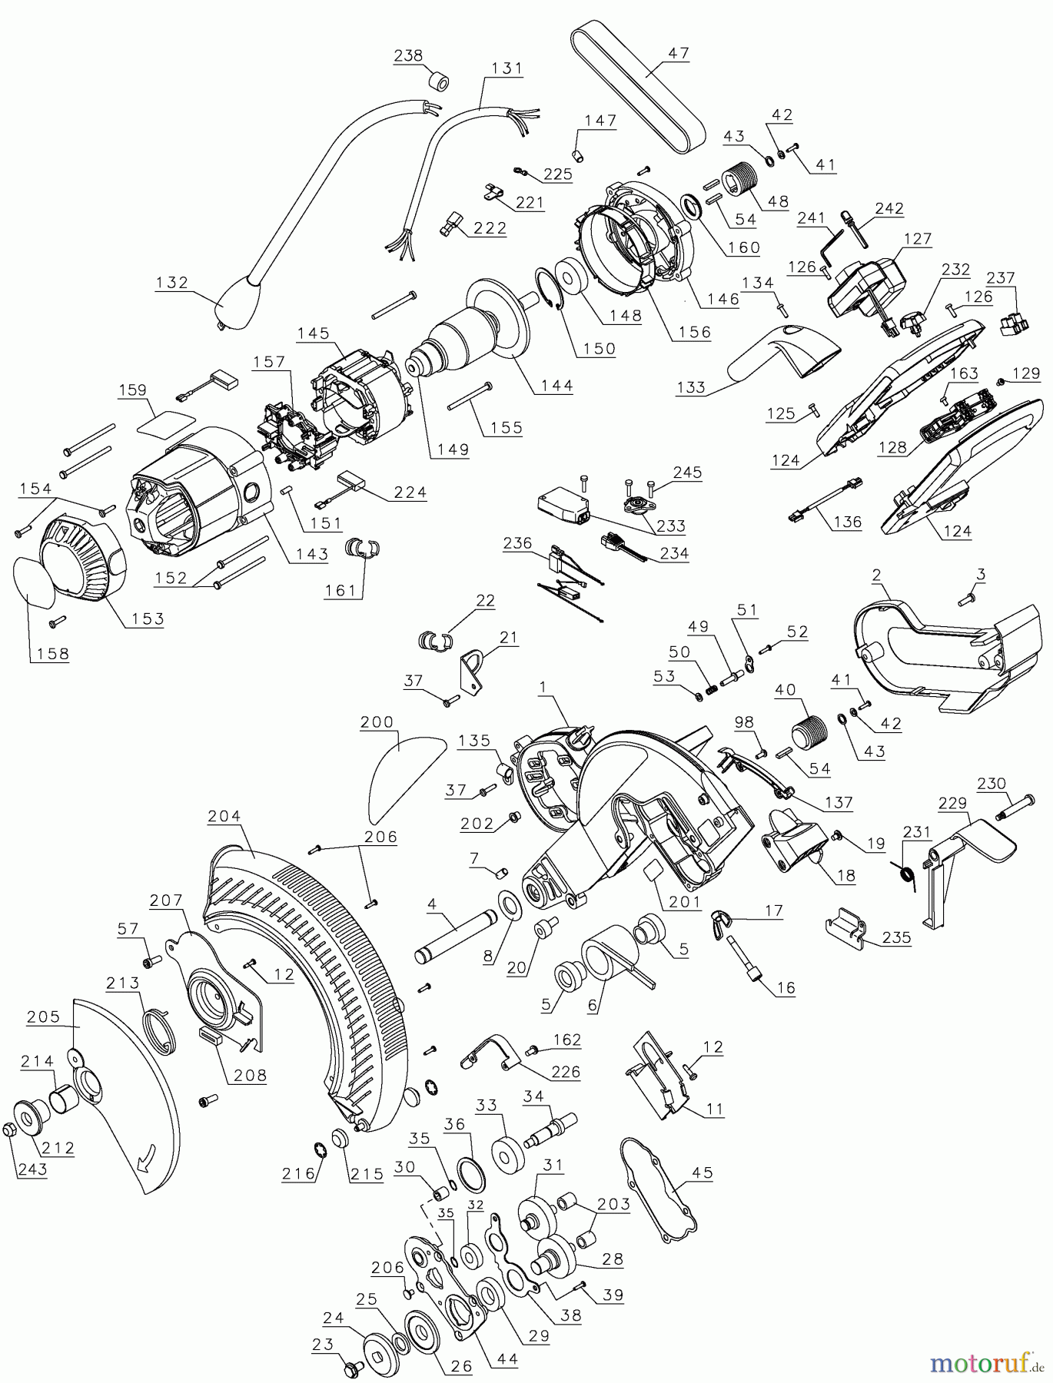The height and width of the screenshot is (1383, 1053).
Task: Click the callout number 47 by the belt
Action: point(678,53)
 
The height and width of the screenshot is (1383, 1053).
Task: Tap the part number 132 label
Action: point(171,282)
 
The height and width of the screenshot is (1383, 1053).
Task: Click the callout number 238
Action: point(408,55)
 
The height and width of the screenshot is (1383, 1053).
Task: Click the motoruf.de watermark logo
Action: point(984,1362)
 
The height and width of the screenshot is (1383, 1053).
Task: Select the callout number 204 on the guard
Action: point(224,817)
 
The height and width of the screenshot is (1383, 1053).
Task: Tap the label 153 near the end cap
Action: point(148,619)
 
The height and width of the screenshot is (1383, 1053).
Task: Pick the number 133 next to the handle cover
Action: point(690,386)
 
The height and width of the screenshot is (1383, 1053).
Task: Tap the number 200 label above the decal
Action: point(377,722)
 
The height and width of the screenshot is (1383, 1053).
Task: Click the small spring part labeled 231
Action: point(908,875)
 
